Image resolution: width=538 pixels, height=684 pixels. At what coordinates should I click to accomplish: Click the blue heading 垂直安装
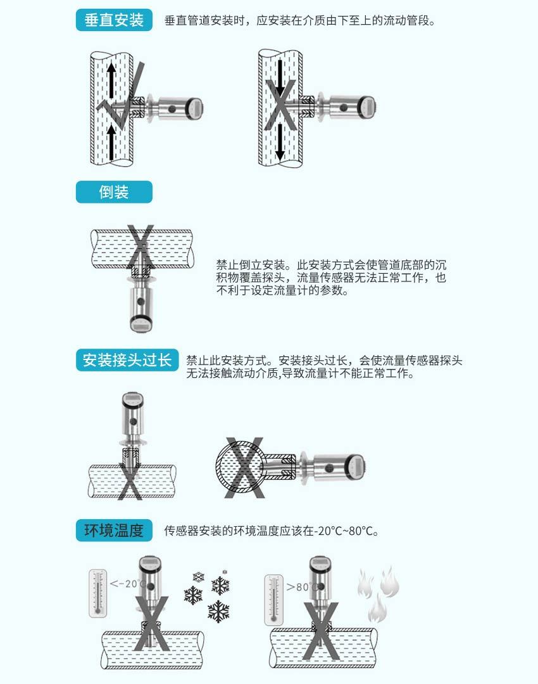(114, 20)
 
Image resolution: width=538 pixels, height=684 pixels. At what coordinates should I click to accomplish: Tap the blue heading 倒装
(114, 192)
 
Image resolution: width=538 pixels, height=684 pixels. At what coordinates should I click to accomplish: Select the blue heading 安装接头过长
(127, 361)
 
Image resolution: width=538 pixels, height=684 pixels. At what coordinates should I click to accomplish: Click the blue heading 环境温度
(114, 530)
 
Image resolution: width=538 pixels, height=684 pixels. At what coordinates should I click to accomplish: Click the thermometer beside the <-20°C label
(97, 593)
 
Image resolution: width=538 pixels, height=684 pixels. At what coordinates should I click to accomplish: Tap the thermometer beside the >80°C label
(274, 599)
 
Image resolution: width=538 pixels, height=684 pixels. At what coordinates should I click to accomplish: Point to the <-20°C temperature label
(127, 584)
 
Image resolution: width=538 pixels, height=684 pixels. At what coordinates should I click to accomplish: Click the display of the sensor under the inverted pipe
(139, 325)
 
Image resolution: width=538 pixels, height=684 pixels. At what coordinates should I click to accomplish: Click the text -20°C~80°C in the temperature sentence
(346, 531)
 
